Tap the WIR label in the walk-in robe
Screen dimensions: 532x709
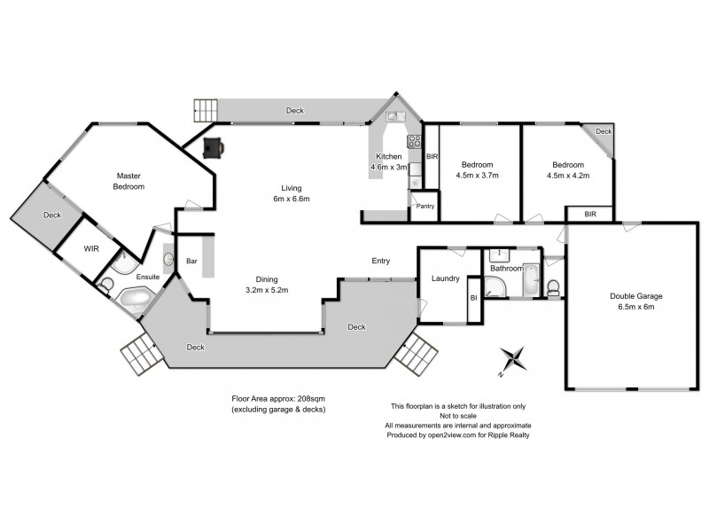(91, 248)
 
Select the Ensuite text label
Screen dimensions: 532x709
(147, 277)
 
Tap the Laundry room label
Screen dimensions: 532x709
(445, 278)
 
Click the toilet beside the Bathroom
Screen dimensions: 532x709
(554, 286)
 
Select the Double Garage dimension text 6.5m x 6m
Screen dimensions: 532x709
(635, 308)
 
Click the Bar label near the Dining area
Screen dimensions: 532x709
(191, 262)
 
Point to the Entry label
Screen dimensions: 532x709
(380, 261)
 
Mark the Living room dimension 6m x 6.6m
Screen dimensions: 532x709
(291, 199)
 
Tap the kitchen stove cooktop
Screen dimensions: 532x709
(414, 141)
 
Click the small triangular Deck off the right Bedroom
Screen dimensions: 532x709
(603, 134)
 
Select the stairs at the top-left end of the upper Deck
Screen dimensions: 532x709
(205, 111)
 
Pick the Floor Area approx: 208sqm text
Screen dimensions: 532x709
(274, 400)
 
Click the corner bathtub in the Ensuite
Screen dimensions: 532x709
(136, 299)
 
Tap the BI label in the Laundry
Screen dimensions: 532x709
(473, 299)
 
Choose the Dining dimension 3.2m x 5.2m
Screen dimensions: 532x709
(267, 289)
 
